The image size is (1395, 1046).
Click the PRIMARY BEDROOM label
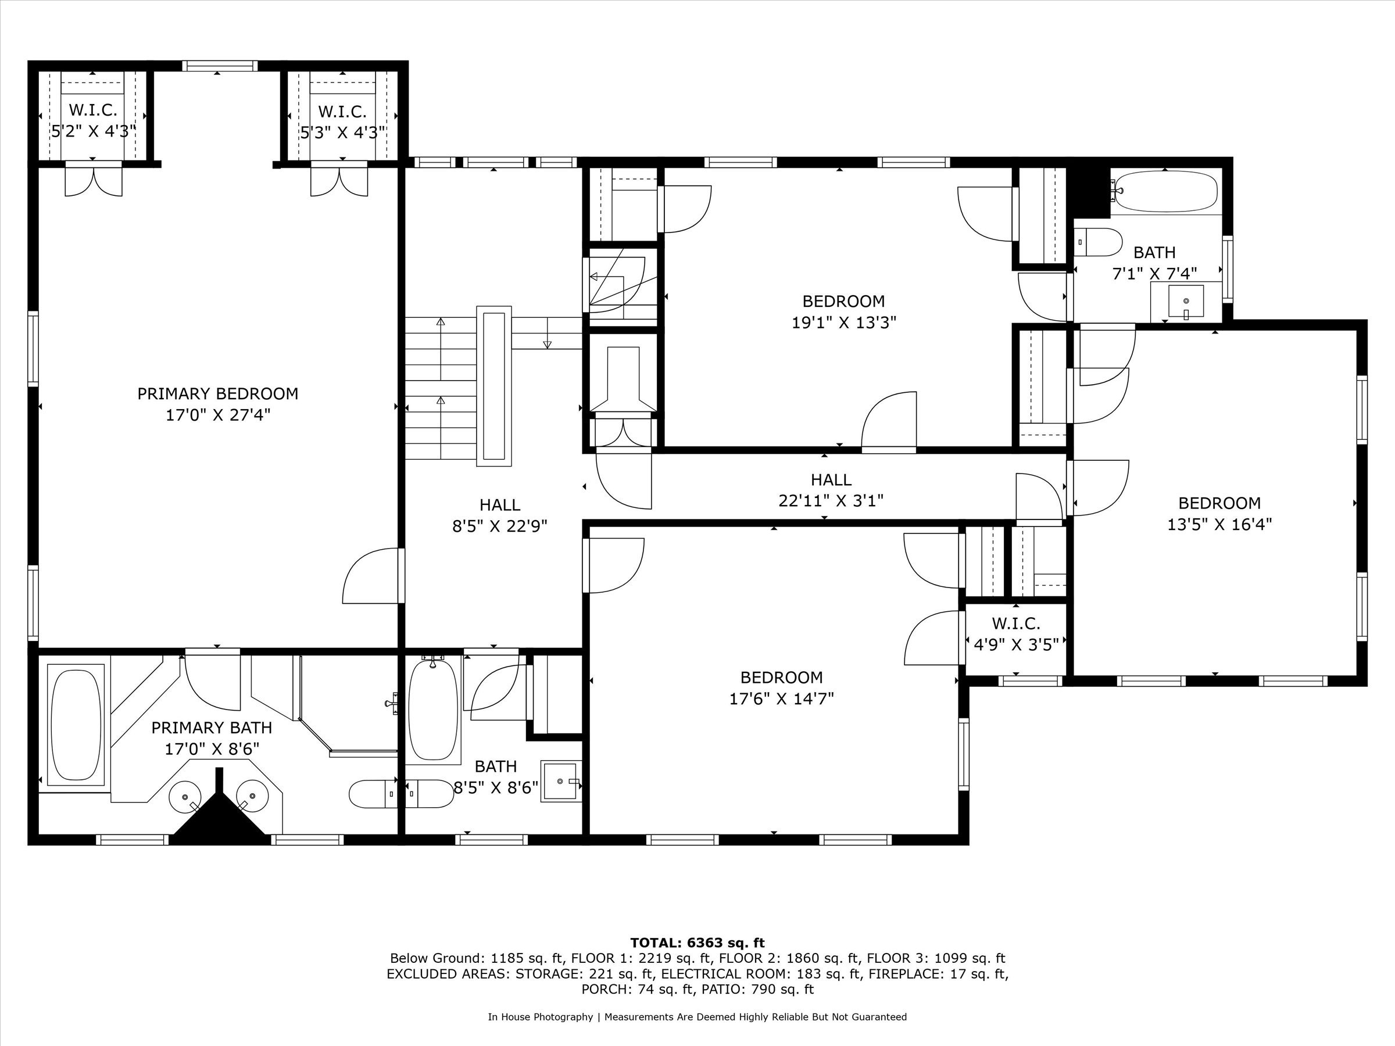[x=217, y=394]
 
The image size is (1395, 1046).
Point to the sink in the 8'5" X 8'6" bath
[x=560, y=782]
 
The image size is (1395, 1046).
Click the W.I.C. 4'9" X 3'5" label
[x=1016, y=633]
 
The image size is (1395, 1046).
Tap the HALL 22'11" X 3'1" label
[x=831, y=490]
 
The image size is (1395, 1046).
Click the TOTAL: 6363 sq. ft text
[x=697, y=943]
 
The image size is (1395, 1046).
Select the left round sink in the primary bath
[x=185, y=796]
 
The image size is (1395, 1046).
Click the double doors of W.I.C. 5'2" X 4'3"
[x=94, y=180]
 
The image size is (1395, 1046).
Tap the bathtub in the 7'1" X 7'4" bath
[x=1165, y=191]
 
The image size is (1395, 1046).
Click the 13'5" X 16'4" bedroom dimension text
[x=1219, y=525]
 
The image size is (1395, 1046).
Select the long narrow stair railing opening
[x=494, y=386]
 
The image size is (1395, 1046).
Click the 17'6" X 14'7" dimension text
[x=781, y=698]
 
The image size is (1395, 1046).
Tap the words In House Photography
[x=540, y=1016]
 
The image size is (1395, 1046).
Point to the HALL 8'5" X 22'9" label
[x=499, y=515]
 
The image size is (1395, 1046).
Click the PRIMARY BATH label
[x=212, y=728]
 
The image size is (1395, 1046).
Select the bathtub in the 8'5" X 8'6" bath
[x=432, y=710]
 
